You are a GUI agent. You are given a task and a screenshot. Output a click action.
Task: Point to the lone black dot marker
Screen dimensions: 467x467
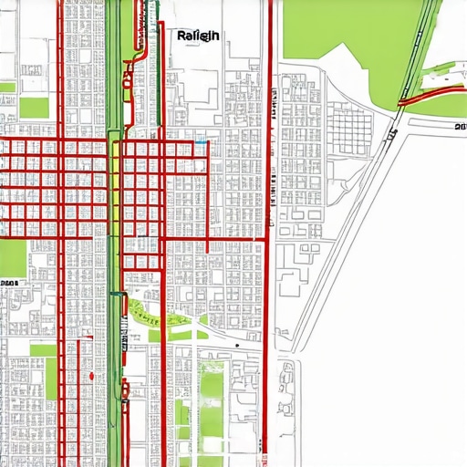coord(236,347)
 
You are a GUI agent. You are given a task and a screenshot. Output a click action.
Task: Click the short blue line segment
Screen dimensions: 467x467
coord(200,142)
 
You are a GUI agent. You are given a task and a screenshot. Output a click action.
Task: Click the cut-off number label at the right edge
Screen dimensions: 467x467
coord(459,129)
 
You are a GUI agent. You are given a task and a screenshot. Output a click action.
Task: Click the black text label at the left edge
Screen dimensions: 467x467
coord(9,284)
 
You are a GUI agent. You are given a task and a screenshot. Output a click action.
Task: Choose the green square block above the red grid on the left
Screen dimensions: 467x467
coord(35,108)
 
